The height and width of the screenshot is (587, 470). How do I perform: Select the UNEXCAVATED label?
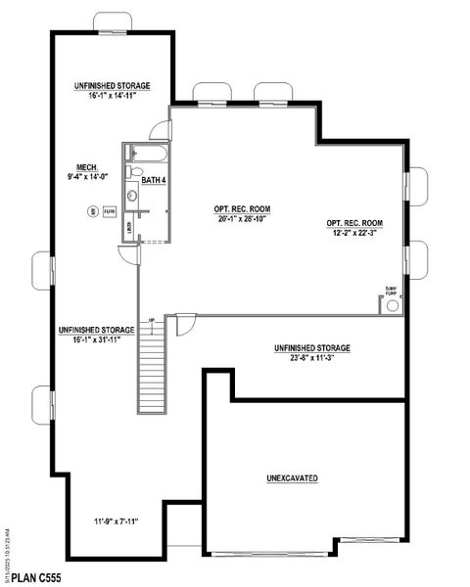(x=292, y=478)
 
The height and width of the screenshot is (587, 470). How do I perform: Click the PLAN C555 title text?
(x=35, y=577)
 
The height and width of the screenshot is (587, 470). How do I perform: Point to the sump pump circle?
(x=393, y=305)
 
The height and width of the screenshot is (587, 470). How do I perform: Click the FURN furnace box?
(x=110, y=211)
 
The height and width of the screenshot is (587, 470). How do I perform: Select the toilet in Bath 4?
(x=135, y=172)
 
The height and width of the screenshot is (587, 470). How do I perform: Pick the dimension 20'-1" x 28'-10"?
(x=242, y=220)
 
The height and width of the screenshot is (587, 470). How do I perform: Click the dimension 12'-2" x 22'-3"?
(x=354, y=234)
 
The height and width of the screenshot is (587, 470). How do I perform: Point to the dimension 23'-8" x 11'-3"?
(x=312, y=359)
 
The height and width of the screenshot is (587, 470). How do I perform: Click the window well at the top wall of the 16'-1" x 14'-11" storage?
(x=113, y=22)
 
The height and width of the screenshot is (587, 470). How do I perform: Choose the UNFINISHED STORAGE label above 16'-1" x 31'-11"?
(x=96, y=329)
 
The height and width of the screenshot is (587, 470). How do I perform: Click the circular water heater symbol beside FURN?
(x=92, y=211)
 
